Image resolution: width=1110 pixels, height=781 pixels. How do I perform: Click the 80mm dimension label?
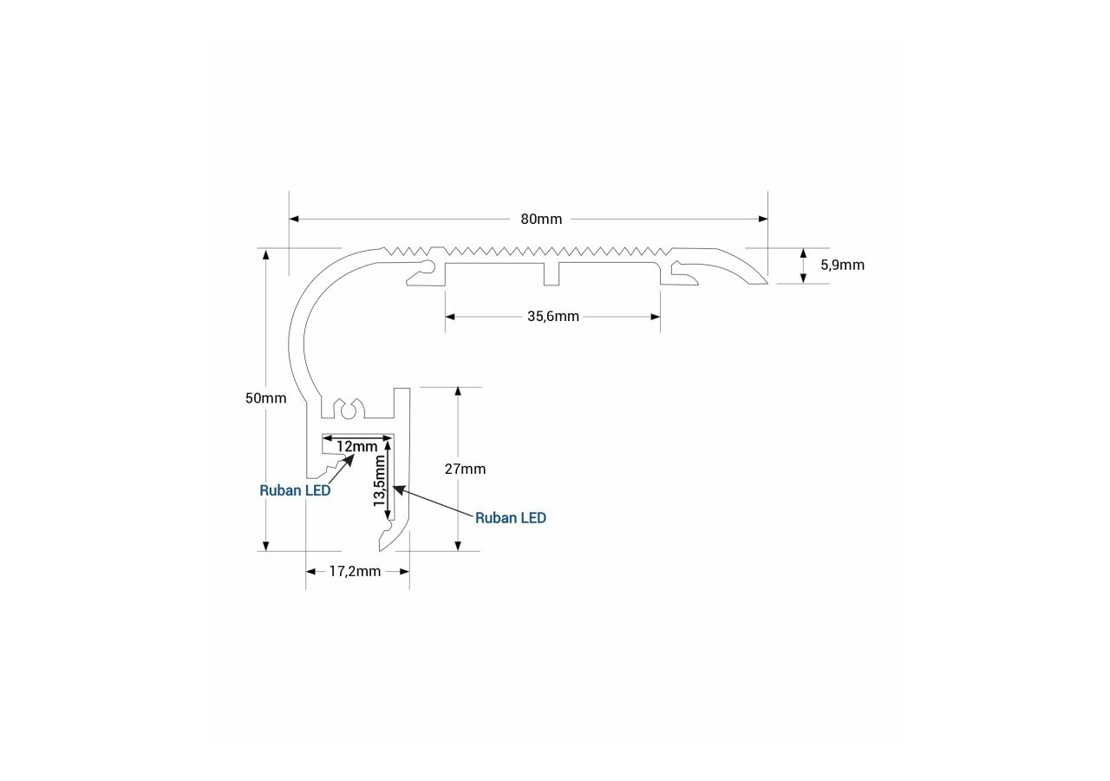(541, 220)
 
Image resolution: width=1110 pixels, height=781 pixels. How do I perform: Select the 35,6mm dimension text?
(553, 317)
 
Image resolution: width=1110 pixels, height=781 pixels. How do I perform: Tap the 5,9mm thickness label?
(842, 266)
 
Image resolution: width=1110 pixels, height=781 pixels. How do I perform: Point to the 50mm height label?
(266, 398)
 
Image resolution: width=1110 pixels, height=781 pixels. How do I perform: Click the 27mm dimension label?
(465, 469)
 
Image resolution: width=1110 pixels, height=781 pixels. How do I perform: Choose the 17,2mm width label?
(355, 572)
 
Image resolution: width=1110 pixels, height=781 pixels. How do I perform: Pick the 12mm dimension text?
(356, 446)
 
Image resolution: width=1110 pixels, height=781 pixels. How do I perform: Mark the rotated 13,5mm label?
(380, 481)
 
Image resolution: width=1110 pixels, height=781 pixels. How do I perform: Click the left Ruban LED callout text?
(295, 490)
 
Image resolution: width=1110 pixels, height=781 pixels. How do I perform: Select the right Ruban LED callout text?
(511, 518)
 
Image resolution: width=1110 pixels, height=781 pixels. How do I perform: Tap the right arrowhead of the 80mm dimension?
(763, 220)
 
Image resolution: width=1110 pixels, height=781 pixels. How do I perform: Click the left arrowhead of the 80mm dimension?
(294, 220)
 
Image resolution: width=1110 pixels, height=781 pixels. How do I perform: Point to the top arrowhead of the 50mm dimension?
(266, 254)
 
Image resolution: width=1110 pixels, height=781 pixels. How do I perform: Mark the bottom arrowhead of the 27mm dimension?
(458, 546)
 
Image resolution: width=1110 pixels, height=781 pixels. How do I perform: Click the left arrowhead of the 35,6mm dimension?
(450, 317)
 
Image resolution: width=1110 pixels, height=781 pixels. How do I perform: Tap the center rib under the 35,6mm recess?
(552, 273)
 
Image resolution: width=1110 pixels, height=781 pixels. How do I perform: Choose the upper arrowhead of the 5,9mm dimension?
(803, 253)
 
